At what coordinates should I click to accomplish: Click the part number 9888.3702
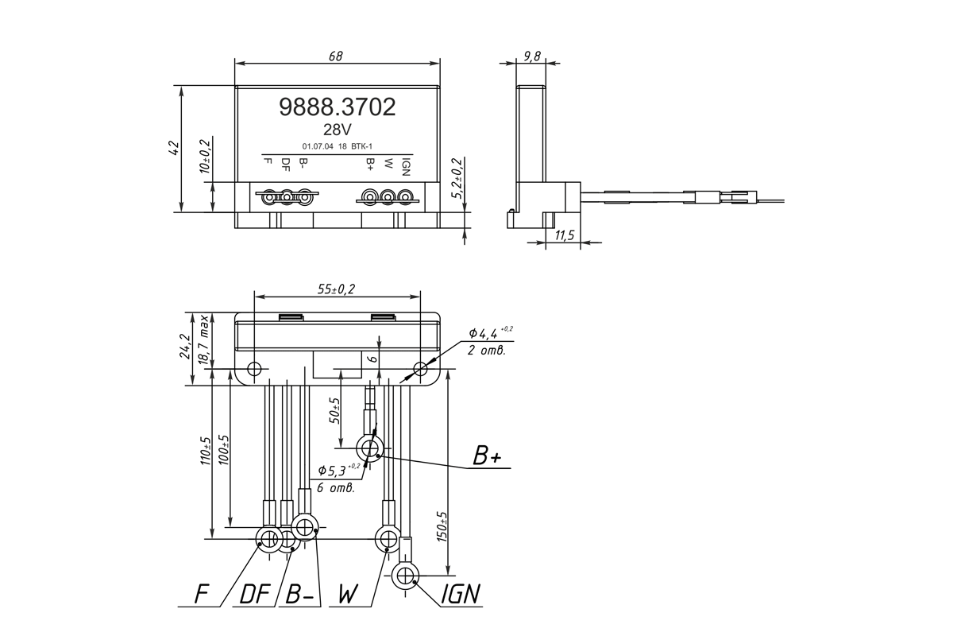tap(338, 107)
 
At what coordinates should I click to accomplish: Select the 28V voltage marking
tap(338, 130)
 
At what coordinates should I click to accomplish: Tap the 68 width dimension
tap(336, 56)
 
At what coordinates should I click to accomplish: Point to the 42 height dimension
tap(175, 148)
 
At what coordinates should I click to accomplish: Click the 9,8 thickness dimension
tap(532, 56)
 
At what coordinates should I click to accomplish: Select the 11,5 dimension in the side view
tap(565, 235)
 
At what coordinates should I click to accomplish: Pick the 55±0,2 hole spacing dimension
tap(336, 289)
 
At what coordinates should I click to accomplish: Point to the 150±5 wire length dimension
tap(442, 526)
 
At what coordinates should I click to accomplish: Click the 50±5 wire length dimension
tap(335, 410)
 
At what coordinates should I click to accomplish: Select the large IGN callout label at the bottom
tap(461, 593)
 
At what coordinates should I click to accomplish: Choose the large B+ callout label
tap(487, 456)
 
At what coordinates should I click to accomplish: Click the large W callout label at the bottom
tap(349, 593)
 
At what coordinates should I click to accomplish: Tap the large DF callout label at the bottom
tap(255, 593)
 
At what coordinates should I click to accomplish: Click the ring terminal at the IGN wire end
tap(404, 576)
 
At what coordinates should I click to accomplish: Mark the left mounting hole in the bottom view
tap(254, 369)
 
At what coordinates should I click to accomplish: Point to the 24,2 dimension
tap(186, 346)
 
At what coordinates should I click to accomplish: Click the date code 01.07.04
tap(318, 146)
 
